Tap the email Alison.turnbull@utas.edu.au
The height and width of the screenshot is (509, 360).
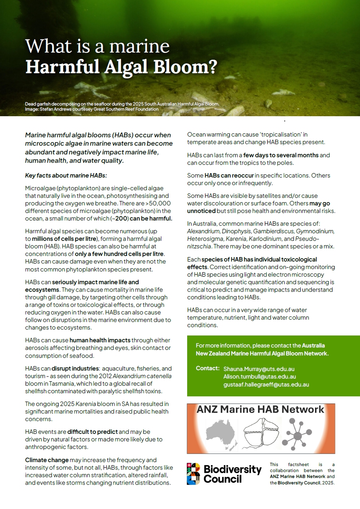pyautogui.click(x=260, y=376)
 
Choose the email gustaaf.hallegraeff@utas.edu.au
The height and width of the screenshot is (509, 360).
pyautogui.click(x=266, y=384)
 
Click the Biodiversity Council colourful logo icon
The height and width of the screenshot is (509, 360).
pyautogui.click(x=194, y=474)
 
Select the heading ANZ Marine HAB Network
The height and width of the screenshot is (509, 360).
pyautogui.click(x=260, y=410)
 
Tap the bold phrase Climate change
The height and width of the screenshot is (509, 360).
pyautogui.click(x=41, y=460)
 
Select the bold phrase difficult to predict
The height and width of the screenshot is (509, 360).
pyautogui.click(x=93, y=432)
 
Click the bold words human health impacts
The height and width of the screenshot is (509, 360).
pyautogui.click(x=100, y=340)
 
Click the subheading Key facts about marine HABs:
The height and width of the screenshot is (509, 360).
pyautogui.click(x=66, y=176)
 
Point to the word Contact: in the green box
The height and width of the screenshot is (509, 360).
pyautogui.click(x=207, y=368)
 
